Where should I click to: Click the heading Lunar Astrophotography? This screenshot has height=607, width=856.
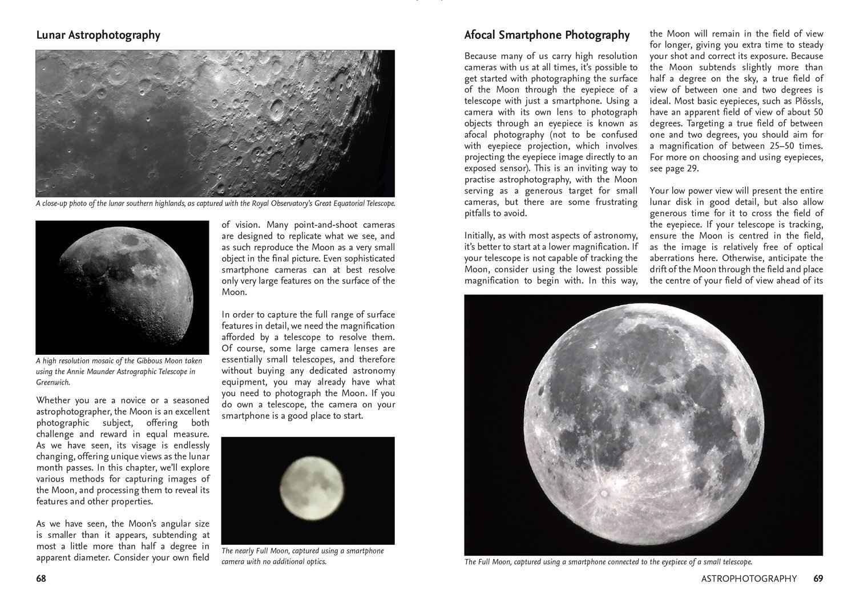tap(98, 35)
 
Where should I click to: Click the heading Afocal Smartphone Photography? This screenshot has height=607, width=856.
tap(547, 35)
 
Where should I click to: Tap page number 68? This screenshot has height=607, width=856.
tap(41, 578)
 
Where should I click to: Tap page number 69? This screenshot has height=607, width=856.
tap(818, 578)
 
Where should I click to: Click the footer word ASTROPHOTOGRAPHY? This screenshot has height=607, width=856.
tap(749, 578)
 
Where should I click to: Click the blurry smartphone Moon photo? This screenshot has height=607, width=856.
tap(308, 490)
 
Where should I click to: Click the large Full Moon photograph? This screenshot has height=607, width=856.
tap(643, 425)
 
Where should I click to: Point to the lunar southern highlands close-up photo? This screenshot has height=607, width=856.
tap(215, 123)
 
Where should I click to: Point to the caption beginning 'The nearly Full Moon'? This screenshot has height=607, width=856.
tap(302, 556)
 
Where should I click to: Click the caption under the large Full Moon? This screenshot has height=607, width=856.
tap(608, 562)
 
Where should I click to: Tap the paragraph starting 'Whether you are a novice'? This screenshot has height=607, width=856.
tap(123, 451)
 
